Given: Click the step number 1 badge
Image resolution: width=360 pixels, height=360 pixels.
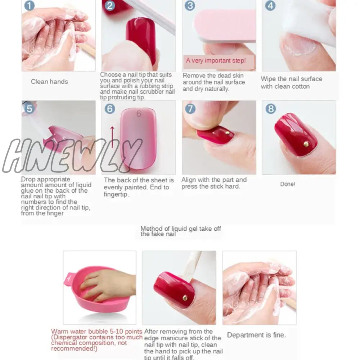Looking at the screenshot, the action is click(29, 5).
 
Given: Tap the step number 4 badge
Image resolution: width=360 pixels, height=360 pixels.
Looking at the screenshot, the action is click(270, 5).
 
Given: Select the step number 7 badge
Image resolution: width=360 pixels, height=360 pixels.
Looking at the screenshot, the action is click(190, 109).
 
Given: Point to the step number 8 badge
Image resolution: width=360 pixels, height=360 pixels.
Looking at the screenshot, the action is click(271, 109).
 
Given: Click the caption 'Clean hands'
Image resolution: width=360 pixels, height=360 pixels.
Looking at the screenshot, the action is click(49, 82).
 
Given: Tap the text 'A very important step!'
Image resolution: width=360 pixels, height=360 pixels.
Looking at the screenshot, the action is click(216, 60).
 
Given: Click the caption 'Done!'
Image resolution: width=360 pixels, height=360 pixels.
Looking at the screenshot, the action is click(288, 184).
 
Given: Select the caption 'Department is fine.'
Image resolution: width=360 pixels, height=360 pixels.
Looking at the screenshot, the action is click(256, 335).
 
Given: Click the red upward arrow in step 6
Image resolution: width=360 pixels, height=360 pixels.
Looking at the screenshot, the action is click(112, 137).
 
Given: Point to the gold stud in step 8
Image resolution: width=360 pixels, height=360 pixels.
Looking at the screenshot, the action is click(306, 144).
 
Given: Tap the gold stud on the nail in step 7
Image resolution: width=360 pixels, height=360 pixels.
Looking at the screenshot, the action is click(228, 133).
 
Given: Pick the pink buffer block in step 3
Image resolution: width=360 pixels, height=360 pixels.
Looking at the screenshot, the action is click(225, 25).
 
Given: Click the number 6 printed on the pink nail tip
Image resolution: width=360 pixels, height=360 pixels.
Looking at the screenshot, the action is click(139, 114).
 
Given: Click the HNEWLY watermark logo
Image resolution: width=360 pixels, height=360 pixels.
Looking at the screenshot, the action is click(72, 156).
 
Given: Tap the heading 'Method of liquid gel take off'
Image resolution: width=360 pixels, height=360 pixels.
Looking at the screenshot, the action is click(181, 229).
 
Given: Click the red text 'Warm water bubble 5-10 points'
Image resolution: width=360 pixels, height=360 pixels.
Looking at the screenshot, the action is click(96, 332).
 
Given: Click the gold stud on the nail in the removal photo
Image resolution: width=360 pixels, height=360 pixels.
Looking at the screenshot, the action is click(185, 298).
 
